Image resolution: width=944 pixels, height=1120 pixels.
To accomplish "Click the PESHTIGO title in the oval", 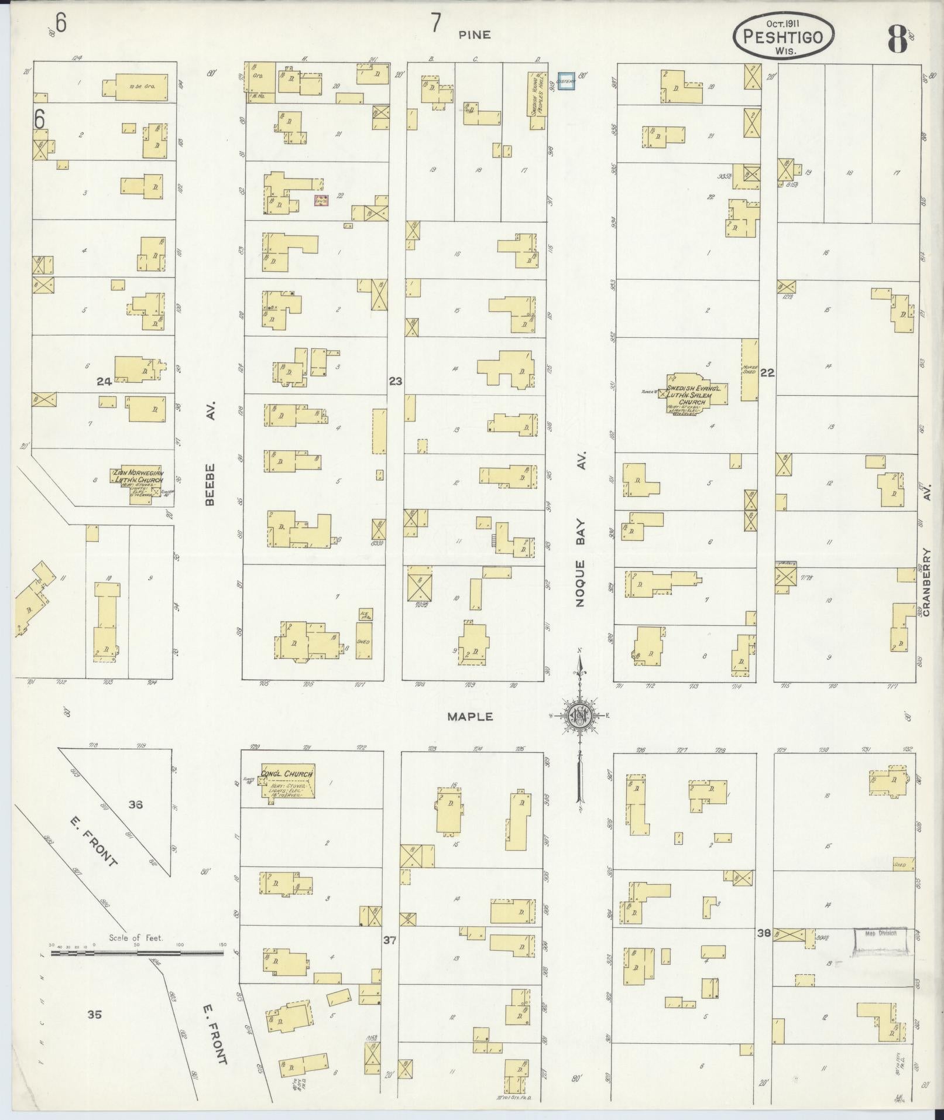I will pyautogui.click(x=783, y=37).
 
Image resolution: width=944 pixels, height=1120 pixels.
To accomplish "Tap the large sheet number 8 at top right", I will pyautogui.click(x=897, y=40).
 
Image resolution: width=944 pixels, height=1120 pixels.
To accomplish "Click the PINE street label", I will pyautogui.click(x=475, y=35).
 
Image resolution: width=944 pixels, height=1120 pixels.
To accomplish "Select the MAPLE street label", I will pyautogui.click(x=471, y=717).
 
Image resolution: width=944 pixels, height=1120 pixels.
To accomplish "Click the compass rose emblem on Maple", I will pyautogui.click(x=579, y=715).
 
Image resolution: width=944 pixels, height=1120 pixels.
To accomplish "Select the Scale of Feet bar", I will pyautogui.click(x=137, y=954).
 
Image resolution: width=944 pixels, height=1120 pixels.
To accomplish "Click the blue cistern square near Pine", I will pyautogui.click(x=566, y=82).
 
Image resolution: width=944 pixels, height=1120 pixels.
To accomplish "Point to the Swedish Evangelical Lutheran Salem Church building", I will pyautogui.click(x=696, y=393).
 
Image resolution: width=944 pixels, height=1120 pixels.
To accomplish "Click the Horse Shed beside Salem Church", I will pyautogui.click(x=749, y=369).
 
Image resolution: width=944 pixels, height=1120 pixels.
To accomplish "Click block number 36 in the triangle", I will pyautogui.click(x=136, y=805).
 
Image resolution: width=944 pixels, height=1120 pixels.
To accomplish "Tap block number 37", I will pyautogui.click(x=390, y=940).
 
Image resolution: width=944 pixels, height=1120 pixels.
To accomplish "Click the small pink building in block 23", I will pyautogui.click(x=321, y=200).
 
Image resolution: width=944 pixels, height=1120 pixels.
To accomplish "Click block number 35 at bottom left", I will pyautogui.click(x=94, y=1014).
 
